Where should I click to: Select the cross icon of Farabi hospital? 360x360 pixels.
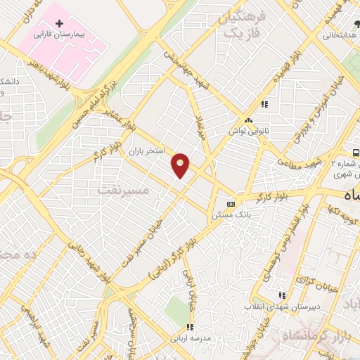(x=59, y=23)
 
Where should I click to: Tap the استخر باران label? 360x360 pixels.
(x=146, y=151)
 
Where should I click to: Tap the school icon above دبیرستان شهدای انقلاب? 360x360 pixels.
(x=283, y=296)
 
